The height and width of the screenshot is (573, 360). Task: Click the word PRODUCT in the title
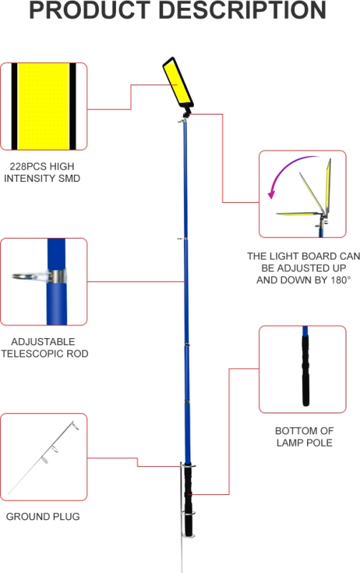(x=89, y=10)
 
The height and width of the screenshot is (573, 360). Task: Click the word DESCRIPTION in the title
(x=242, y=10)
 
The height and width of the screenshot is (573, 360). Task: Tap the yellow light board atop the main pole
(x=177, y=82)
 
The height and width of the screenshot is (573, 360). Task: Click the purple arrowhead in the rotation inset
(x=271, y=194)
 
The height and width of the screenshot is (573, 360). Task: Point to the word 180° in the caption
(x=339, y=280)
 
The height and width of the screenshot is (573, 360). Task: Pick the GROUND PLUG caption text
(x=43, y=516)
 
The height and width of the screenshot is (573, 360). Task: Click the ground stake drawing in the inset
(x=44, y=458)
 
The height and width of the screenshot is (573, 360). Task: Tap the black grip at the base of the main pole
(x=188, y=501)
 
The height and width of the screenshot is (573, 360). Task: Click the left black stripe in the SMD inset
(x=14, y=106)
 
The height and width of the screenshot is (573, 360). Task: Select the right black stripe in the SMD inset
(x=73, y=106)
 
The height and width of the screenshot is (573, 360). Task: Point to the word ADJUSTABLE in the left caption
(x=43, y=342)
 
